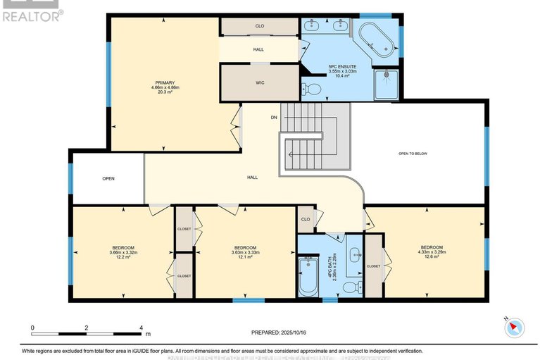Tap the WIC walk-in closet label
click(x=259, y=82)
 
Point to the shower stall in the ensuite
click(x=387, y=82)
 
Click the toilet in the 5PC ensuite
click(x=310, y=89)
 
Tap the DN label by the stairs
click(x=274, y=118)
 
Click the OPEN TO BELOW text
click(x=413, y=154)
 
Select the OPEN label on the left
click(x=108, y=178)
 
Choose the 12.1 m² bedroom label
click(x=245, y=252)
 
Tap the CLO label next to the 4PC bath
click(x=305, y=218)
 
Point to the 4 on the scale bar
click(x=142, y=328)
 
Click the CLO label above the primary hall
click(x=259, y=26)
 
